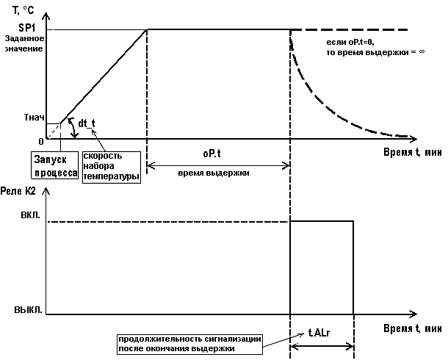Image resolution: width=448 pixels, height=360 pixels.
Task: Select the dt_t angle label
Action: pos(87,124)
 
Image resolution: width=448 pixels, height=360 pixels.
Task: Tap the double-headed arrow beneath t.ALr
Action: pos(322,345)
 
